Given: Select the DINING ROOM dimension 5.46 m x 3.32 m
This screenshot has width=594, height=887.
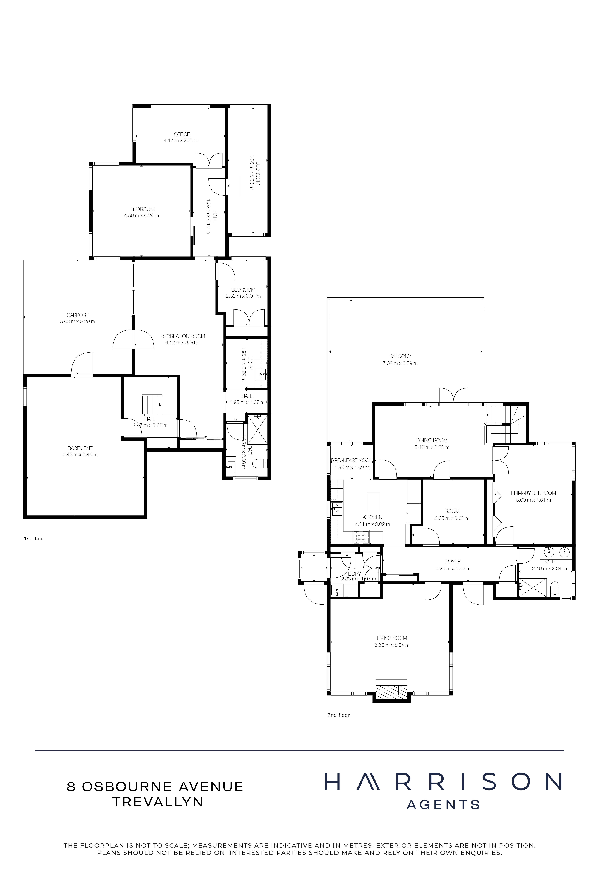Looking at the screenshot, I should click(432, 447).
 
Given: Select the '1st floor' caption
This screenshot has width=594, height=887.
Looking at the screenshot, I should click(34, 539).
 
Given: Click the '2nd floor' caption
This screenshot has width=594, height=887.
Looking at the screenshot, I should click(338, 715).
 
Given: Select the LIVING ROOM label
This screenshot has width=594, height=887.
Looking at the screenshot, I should click(392, 638).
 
